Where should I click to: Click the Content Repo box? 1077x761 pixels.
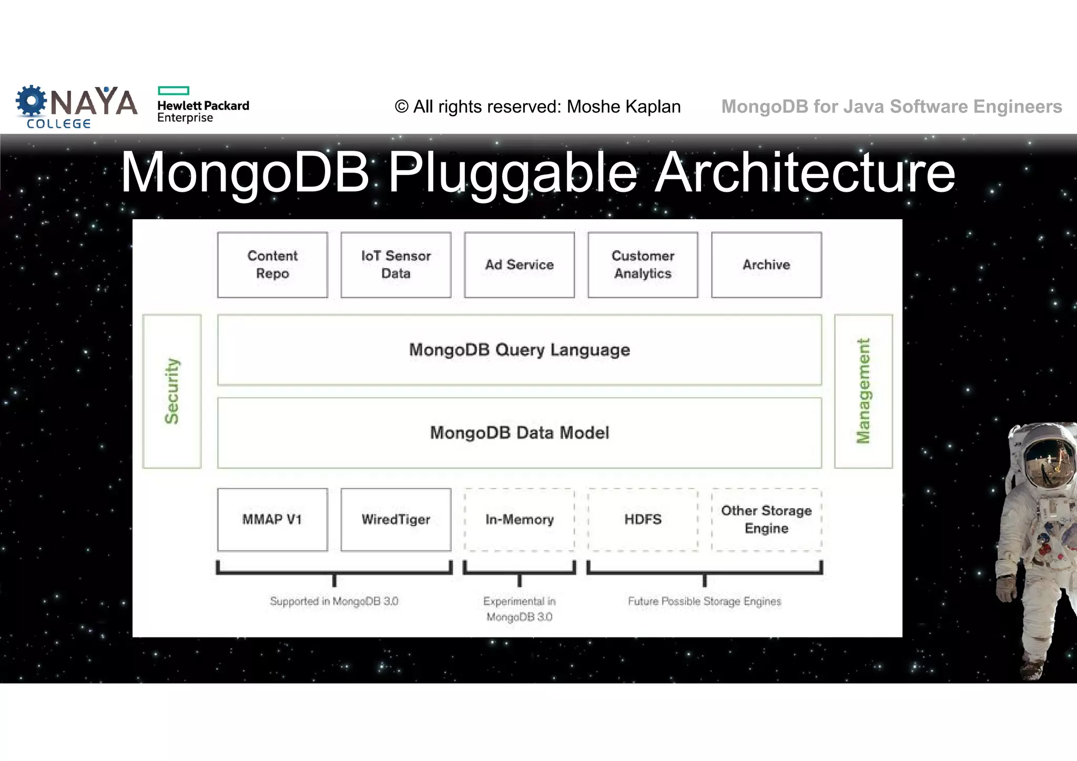(x=272, y=265)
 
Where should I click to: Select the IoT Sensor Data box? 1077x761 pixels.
(x=396, y=265)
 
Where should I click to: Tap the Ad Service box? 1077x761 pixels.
(x=520, y=265)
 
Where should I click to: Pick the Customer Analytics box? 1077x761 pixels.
(x=643, y=265)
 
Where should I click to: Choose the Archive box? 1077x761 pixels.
(x=766, y=265)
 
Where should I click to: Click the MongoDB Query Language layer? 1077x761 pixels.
(x=520, y=350)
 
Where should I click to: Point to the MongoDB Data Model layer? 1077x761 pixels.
(x=520, y=433)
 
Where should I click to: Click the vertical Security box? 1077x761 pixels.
(x=172, y=391)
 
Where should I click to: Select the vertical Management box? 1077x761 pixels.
(x=863, y=391)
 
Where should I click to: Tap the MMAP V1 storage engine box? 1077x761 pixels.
(x=272, y=520)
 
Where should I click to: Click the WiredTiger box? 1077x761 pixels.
(x=396, y=520)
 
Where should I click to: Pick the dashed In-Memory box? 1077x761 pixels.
(x=520, y=520)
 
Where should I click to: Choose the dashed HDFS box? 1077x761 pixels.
(x=643, y=520)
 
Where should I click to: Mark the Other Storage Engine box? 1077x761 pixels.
(x=766, y=520)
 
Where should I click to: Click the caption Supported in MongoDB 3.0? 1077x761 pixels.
(x=334, y=601)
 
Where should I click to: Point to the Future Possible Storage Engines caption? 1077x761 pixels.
(x=705, y=601)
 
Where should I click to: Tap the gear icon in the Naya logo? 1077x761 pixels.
(x=31, y=100)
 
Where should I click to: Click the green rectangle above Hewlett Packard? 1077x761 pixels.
(x=174, y=90)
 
